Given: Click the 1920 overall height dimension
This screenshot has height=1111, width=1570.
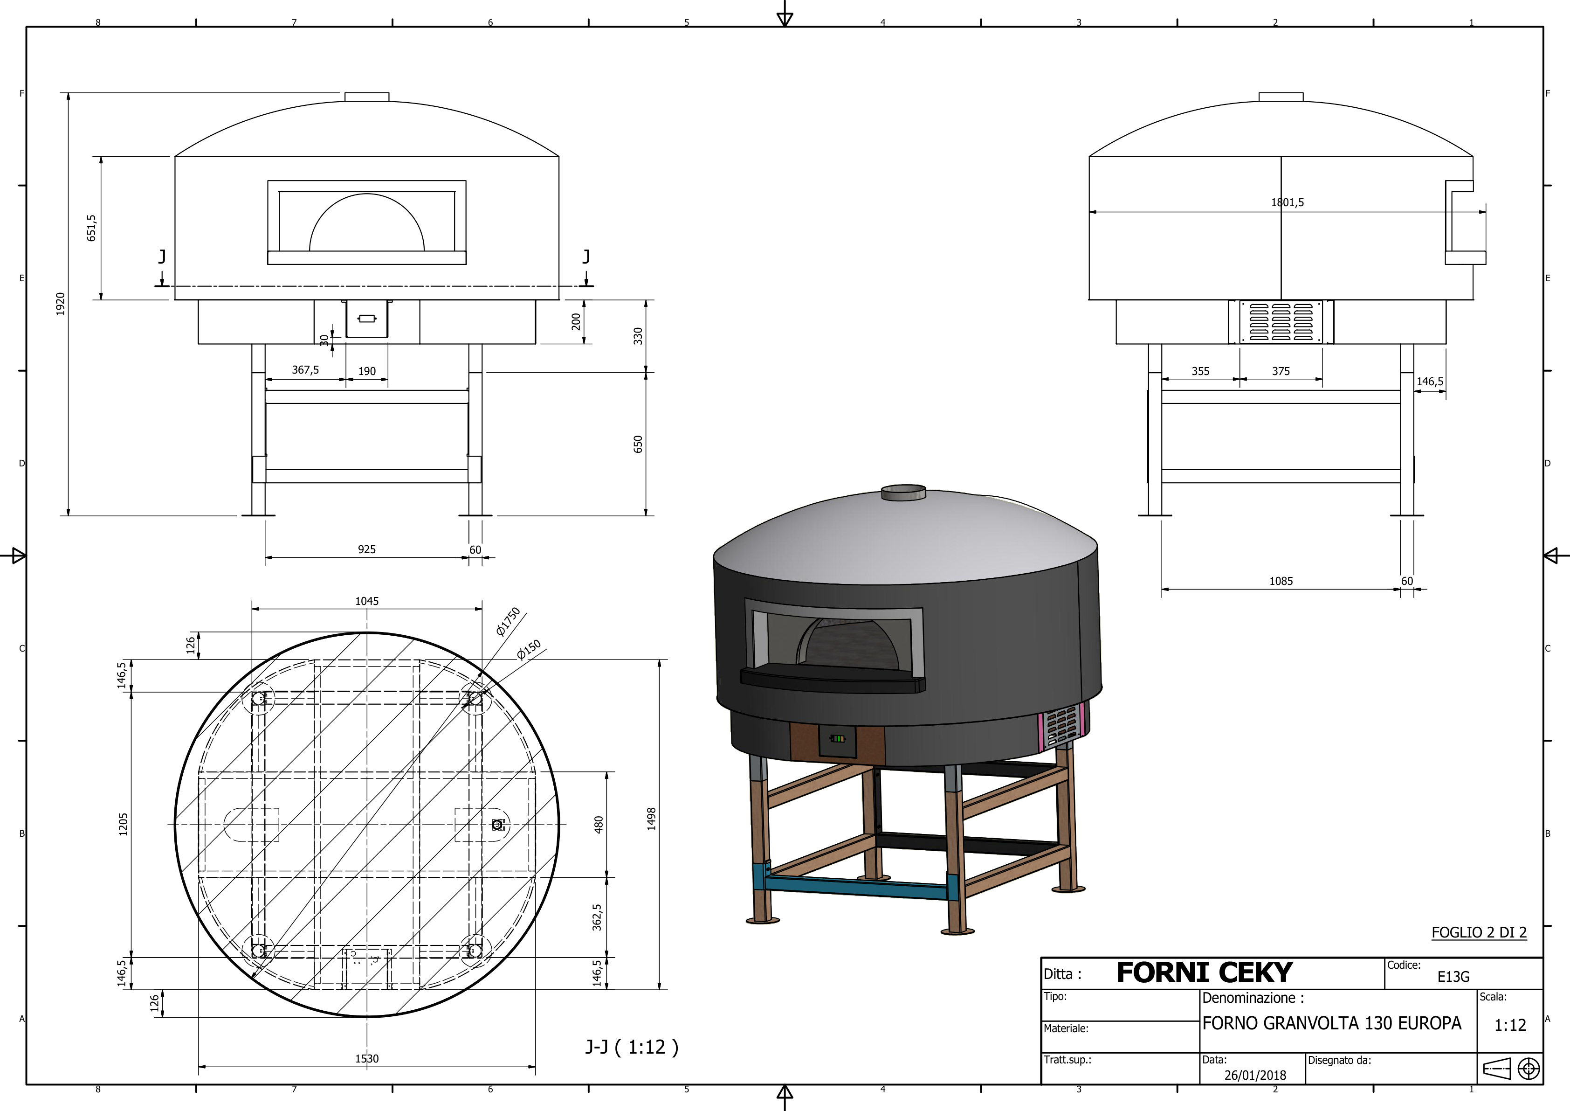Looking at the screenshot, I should (60, 304).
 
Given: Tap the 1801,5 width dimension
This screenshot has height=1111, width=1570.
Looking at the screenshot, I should (1287, 202).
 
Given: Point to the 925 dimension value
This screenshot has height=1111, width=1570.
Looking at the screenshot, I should (366, 549).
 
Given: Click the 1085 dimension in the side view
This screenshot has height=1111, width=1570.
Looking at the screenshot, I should (1281, 581).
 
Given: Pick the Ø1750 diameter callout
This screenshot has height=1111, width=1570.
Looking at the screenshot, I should (508, 621).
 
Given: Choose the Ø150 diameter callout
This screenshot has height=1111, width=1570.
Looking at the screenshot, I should (529, 650).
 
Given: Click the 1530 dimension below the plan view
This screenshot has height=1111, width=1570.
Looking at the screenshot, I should (366, 1058).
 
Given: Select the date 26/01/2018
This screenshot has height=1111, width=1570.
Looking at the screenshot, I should (1255, 1075).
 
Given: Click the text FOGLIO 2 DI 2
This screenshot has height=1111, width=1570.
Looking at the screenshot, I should (1478, 932).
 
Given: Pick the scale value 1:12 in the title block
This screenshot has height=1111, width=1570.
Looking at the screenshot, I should (1510, 1025).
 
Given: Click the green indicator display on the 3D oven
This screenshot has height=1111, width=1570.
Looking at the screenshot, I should (837, 739).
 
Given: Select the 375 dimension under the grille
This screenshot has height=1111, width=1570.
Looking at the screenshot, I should (1281, 371).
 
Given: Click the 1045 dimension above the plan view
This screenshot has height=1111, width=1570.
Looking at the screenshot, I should (366, 601).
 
